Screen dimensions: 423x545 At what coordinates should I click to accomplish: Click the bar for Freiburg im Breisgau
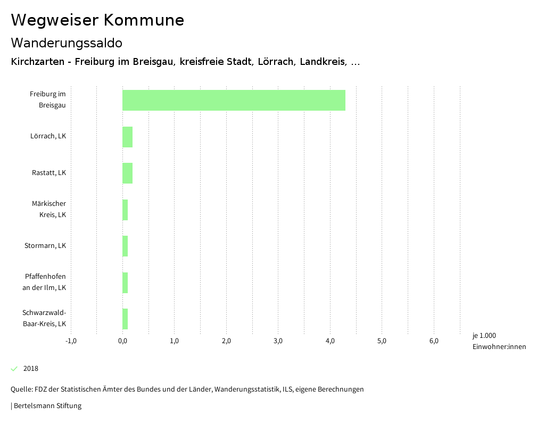(234, 100)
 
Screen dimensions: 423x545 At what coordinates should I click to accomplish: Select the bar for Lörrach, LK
(127, 137)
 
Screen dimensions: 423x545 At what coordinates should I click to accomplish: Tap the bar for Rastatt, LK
(127, 173)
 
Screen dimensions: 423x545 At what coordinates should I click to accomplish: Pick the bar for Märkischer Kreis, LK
(125, 210)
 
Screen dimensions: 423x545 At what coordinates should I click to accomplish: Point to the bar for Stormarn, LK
(125, 246)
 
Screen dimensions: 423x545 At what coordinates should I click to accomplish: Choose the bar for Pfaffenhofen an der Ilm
(125, 283)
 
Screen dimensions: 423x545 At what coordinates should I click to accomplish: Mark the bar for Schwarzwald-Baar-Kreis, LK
(125, 319)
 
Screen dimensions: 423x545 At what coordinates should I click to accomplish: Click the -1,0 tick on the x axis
(71, 341)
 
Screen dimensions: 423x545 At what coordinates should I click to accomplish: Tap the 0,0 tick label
(122, 341)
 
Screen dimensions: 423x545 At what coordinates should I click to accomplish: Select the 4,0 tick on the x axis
(330, 341)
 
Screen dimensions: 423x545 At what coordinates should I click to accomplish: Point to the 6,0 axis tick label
(434, 341)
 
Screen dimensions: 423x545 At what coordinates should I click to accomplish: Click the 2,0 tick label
(226, 341)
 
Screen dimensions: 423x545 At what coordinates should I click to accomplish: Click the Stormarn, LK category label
(45, 246)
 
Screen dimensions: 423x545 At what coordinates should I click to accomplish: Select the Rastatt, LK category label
(49, 173)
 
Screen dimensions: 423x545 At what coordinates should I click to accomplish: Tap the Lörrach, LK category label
(48, 136)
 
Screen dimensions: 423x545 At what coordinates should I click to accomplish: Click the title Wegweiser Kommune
(97, 20)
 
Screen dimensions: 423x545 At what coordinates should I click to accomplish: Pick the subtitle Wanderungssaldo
(67, 43)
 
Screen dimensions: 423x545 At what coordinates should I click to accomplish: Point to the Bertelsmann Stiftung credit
(47, 406)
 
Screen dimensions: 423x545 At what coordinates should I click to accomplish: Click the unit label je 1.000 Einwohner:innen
(499, 341)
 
